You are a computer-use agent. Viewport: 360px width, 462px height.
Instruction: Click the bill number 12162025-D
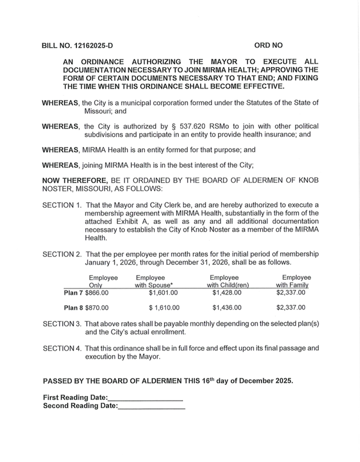coord(91,44)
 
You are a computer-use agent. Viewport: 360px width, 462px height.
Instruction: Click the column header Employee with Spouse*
coord(150,281)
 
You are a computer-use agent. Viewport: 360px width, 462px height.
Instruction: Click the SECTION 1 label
coord(62,205)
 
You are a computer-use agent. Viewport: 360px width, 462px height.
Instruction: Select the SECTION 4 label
coord(62,348)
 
